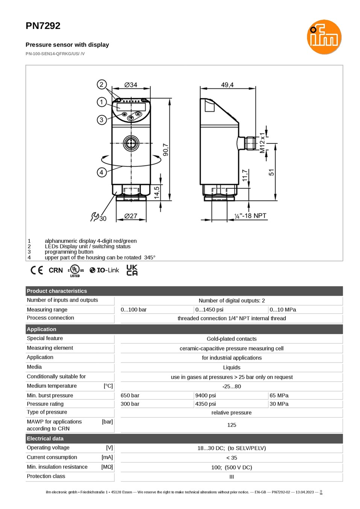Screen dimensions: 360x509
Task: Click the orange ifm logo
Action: [324, 37]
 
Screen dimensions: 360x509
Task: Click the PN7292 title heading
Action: [43, 26]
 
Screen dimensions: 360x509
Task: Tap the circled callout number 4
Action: [102, 172]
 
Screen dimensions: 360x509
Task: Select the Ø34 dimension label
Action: [131, 85]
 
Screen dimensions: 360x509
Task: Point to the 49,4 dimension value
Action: [227, 85]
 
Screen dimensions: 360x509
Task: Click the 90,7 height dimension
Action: [166, 149]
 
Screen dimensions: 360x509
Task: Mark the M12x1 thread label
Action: [262, 143]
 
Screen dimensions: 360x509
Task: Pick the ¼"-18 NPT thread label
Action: [250, 216]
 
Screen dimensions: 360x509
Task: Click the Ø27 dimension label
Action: [131, 216]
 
